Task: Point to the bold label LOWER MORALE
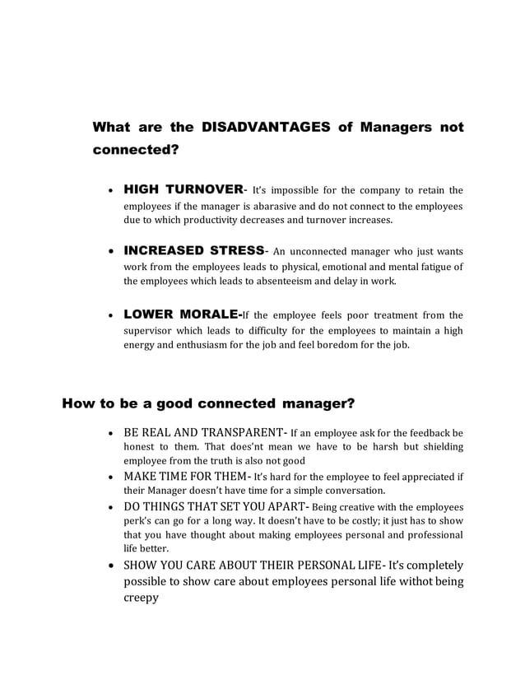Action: pyautogui.click(x=182, y=314)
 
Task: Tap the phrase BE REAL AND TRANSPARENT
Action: pyautogui.click(x=202, y=432)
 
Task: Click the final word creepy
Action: pyautogui.click(x=141, y=598)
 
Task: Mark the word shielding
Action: pyautogui.click(x=439, y=446)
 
